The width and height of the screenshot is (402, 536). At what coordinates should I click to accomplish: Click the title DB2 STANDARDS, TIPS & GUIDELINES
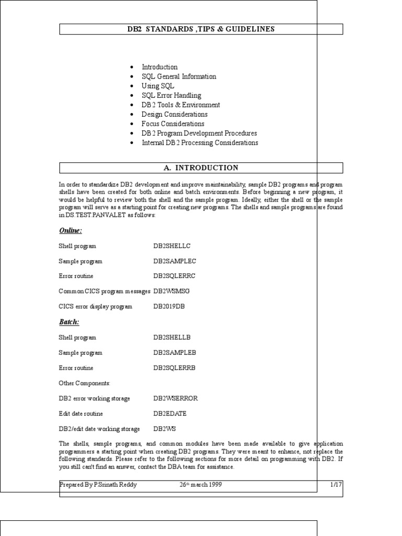click(x=201, y=29)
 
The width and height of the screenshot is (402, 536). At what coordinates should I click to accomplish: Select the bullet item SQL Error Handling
click(x=171, y=95)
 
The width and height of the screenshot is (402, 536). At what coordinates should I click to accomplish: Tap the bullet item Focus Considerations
click(x=173, y=124)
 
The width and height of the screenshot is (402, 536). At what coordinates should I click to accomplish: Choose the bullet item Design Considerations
click(x=174, y=114)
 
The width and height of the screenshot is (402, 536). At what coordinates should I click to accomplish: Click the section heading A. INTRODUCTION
click(x=201, y=168)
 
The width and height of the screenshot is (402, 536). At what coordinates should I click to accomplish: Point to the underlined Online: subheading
click(x=71, y=231)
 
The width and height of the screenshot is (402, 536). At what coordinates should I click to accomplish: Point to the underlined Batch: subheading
click(x=69, y=322)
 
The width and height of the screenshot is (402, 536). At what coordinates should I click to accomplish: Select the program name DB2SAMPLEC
click(x=175, y=261)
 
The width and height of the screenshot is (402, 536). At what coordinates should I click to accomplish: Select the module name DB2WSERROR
click(x=176, y=398)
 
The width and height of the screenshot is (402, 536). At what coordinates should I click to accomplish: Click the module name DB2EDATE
click(x=170, y=414)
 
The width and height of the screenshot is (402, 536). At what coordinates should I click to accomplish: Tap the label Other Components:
click(x=85, y=383)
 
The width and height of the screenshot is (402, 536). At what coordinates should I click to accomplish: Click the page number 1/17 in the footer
click(x=336, y=485)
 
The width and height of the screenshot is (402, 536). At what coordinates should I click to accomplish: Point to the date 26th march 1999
click(x=201, y=485)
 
